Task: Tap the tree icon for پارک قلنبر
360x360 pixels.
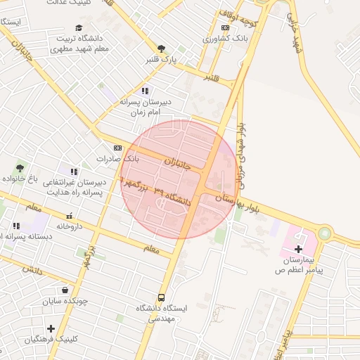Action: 162,49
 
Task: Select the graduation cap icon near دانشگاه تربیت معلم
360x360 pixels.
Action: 78,27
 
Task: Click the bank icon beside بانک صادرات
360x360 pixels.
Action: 117,148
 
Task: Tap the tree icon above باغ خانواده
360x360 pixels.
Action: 20,168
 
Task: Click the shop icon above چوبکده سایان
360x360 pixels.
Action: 65,290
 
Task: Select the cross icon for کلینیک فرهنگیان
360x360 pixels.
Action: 51,328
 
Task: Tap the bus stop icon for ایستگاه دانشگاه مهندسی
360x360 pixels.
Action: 162,297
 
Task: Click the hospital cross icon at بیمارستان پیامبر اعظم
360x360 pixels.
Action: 299,249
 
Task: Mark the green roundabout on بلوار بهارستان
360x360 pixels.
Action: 324,232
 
